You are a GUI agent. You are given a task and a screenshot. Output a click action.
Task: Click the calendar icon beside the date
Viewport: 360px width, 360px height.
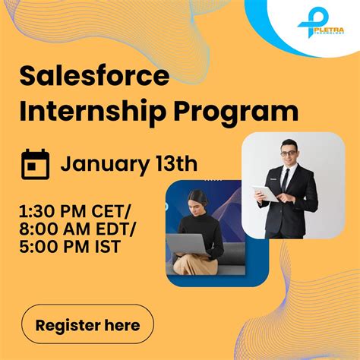pos(35,164)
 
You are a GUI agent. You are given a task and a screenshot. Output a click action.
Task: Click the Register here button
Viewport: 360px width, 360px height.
pos(87,326)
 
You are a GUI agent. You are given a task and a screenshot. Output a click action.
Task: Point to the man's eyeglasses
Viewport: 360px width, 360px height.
pos(289,153)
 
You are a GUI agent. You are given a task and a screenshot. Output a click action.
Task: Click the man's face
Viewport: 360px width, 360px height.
pos(289,154)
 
